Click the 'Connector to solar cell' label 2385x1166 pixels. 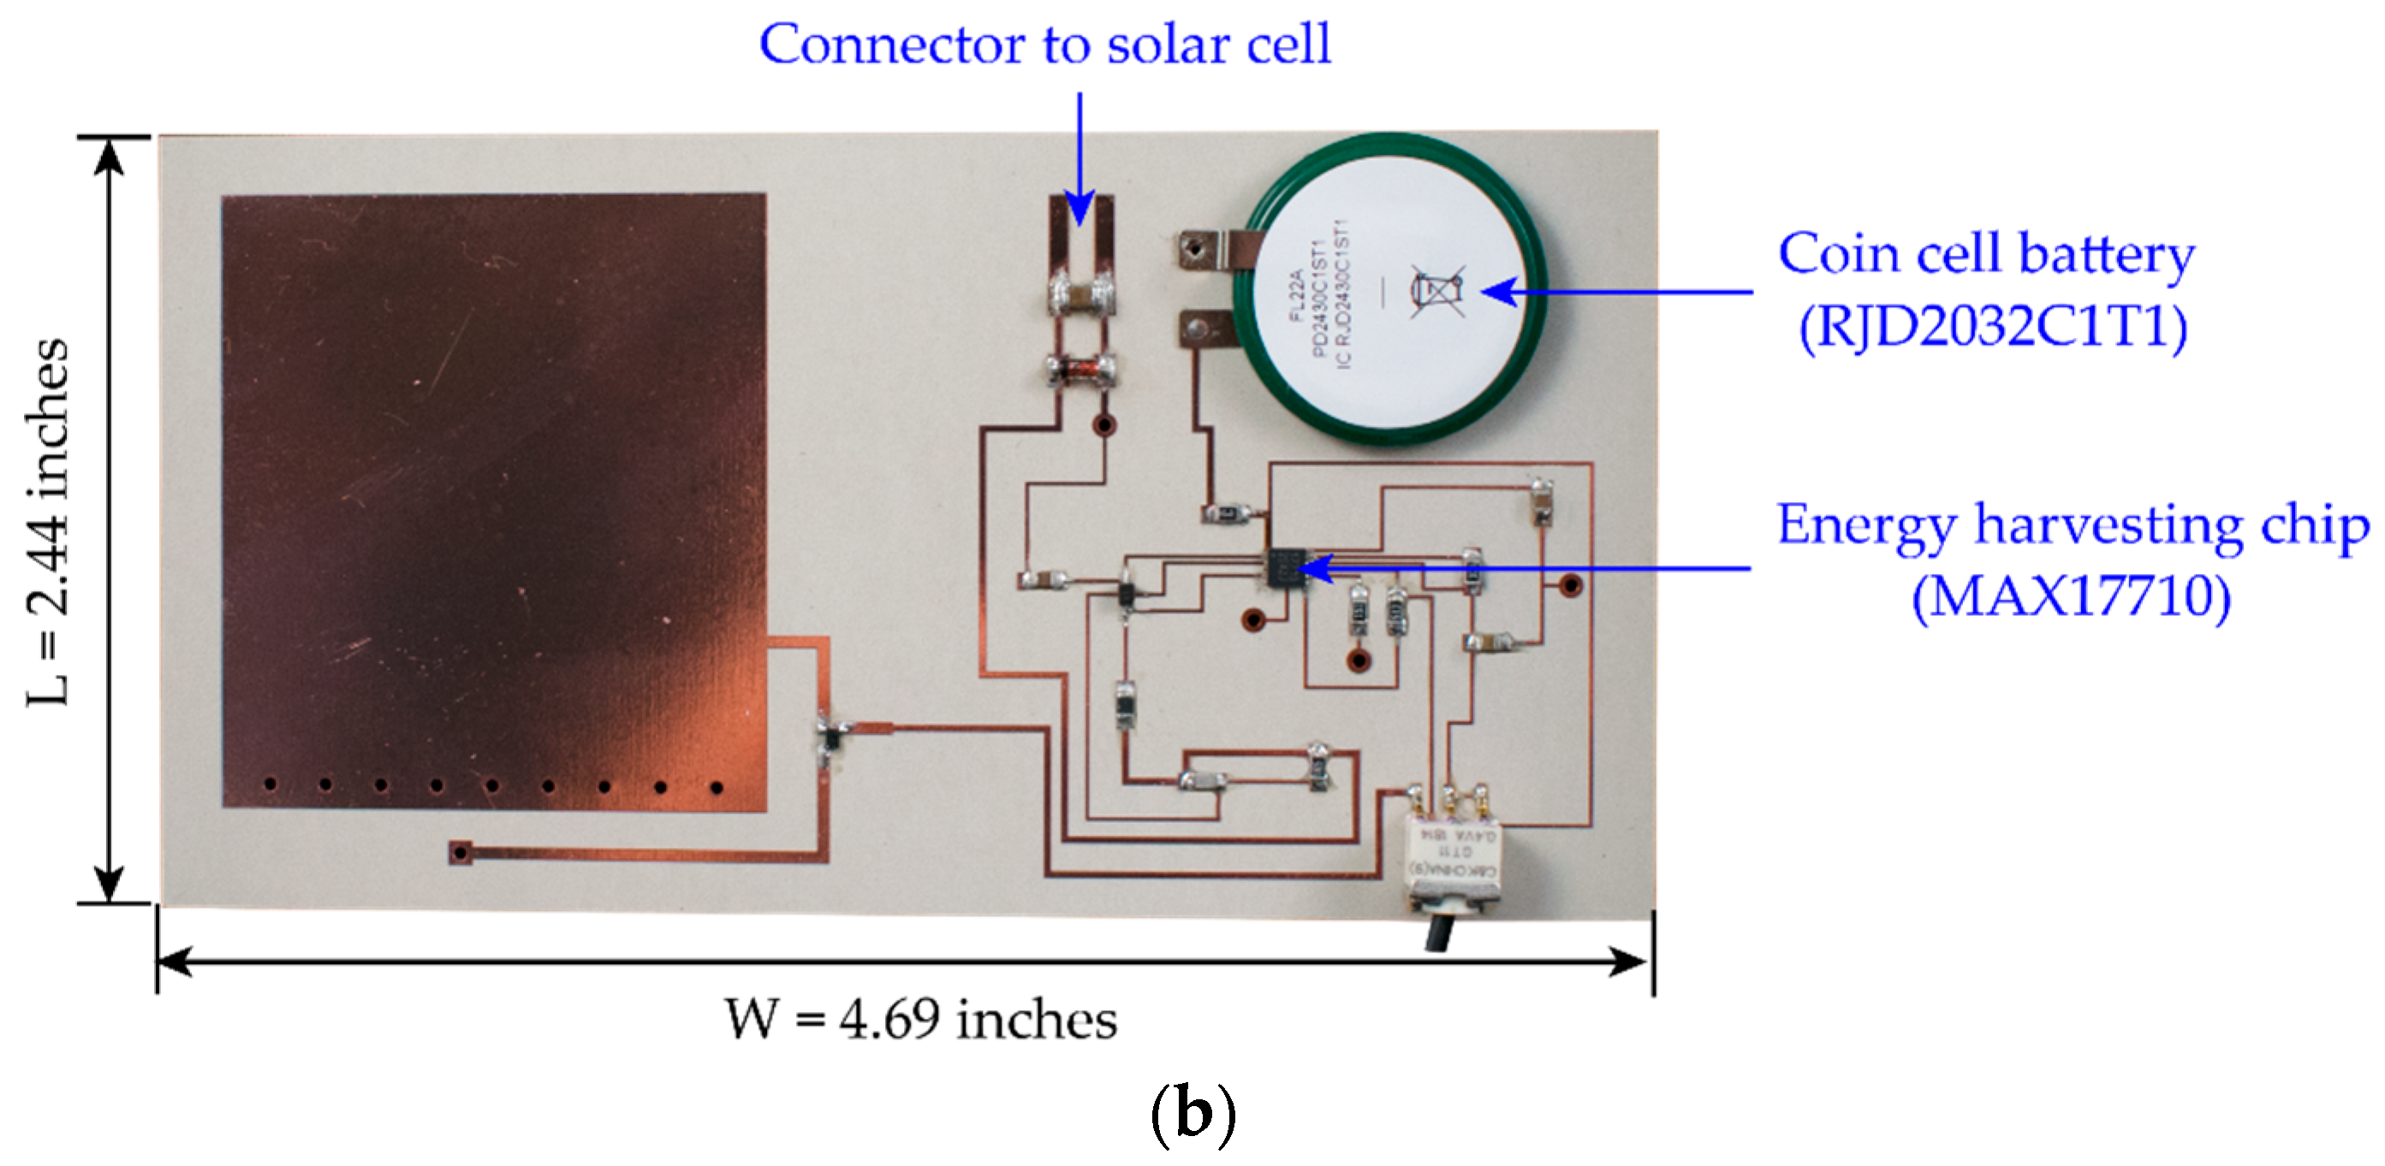1045,44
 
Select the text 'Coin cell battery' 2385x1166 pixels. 1986,253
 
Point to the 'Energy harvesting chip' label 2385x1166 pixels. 2072,524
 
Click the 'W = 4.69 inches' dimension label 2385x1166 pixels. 920,1019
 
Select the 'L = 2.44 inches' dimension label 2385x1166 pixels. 46,522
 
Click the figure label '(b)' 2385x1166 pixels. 1192,1116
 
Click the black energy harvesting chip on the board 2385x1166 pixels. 1283,567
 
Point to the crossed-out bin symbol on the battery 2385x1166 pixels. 1437,291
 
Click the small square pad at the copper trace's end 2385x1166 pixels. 461,851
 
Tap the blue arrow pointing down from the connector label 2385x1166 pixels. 1079,157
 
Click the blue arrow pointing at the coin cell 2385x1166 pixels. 1615,292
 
